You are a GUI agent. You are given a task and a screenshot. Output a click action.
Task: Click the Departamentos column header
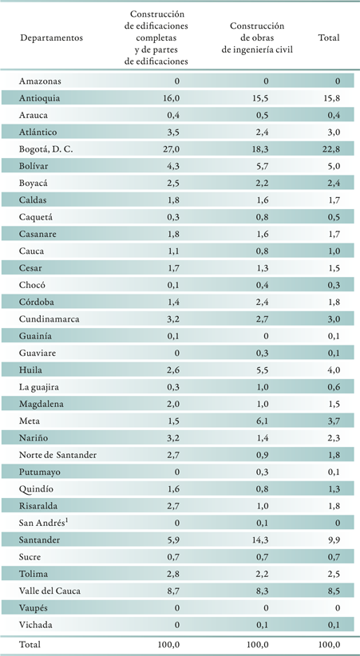52,38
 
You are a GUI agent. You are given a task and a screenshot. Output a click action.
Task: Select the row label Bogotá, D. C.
45,149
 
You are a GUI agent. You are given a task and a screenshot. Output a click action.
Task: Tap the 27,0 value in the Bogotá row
172,149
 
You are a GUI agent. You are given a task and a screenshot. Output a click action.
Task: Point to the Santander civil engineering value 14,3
260,539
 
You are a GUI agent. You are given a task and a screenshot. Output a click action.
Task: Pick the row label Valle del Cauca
49,591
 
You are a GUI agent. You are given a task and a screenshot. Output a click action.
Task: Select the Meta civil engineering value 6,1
262,421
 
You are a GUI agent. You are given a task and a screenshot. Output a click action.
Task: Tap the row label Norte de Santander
57,455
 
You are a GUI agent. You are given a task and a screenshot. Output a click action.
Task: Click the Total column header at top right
329,38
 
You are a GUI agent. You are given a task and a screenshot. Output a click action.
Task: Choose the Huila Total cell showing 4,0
334,370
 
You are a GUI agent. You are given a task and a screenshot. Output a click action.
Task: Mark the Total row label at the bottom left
30,645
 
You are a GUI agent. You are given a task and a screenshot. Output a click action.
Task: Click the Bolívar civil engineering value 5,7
262,166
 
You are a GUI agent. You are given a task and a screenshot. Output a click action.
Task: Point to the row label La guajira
38,387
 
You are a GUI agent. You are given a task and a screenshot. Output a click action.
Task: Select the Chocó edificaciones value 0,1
174,285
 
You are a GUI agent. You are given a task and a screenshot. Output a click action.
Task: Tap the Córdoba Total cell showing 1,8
334,302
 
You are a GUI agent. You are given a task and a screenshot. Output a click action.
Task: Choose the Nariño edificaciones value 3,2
174,438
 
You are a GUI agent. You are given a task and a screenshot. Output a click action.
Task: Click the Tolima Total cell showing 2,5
334,574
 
